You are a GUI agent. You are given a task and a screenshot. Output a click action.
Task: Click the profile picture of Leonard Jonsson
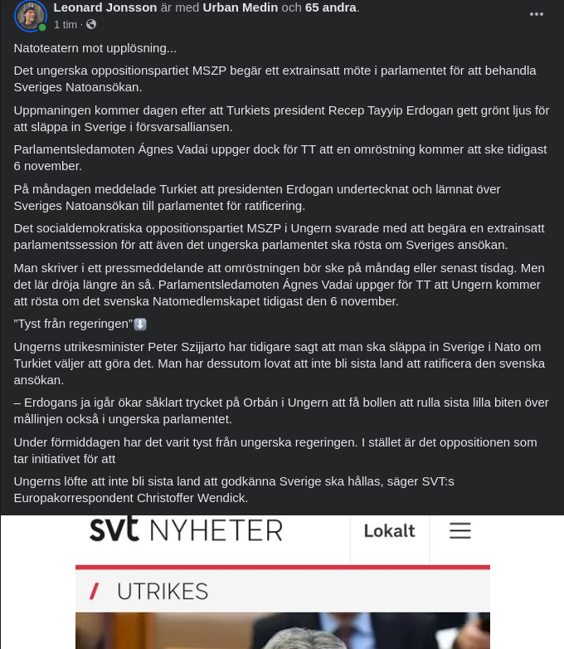coord(30,16)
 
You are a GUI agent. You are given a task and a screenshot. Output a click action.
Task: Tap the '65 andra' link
coord(330,7)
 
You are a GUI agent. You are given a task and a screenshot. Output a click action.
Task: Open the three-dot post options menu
coord(537,14)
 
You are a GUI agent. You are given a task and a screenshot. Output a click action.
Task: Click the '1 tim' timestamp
coord(66,25)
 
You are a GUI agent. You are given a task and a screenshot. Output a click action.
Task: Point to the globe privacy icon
coord(91,25)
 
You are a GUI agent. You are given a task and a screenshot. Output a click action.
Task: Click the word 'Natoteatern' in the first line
coord(48,48)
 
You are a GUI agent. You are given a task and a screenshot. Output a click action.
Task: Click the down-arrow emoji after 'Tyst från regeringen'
coord(140,324)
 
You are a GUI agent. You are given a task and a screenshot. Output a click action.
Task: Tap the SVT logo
coord(114,529)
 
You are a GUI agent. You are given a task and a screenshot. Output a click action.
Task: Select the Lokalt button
coord(389,530)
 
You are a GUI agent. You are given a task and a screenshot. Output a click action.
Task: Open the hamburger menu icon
coord(459,530)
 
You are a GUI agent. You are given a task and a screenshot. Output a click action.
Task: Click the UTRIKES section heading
coord(162,592)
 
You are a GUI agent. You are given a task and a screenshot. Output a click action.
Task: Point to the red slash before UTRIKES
coord(95,592)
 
